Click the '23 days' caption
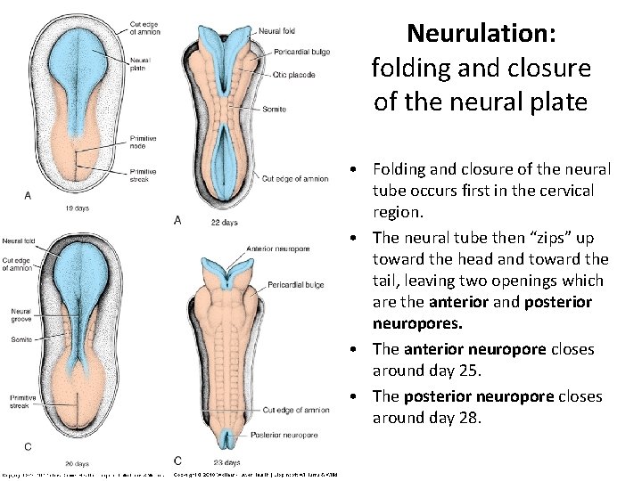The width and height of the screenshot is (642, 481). click(226, 463)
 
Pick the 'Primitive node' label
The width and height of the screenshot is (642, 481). click(144, 142)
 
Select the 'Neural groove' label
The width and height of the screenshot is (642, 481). click(20, 315)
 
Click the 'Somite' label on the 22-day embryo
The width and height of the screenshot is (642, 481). click(275, 109)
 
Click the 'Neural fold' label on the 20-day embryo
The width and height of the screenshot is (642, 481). click(19, 240)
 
